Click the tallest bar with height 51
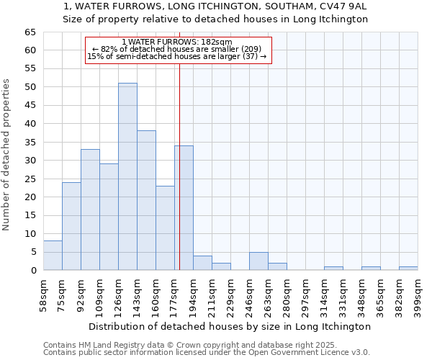point(127,176)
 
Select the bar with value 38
point(146,200)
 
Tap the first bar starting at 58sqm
point(53,256)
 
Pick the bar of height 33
point(90,210)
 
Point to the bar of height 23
point(165,228)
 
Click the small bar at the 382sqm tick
point(408,269)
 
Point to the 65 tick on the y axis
point(30,32)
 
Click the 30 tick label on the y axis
point(30,161)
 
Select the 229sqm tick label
point(230,296)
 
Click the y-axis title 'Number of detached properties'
point(7,154)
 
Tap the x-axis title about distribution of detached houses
point(230,326)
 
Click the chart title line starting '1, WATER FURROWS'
point(215,6)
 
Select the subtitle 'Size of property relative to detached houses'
point(215,19)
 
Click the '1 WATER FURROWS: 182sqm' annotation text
point(177,42)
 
